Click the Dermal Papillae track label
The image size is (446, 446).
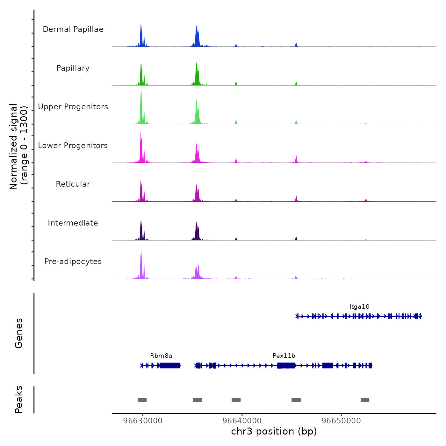pos(73,29)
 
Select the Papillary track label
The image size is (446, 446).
pos(73,68)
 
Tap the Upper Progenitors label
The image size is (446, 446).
pos(73,107)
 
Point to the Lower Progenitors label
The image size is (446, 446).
pos(73,146)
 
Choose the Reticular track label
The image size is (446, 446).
pos(73,184)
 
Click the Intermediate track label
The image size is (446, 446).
pos(73,223)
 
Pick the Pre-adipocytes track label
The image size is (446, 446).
pos(73,262)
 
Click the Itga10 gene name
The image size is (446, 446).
pos(359,307)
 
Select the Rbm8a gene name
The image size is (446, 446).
pos(161,356)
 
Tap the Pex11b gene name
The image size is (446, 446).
pos(284,356)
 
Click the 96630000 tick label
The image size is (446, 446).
pos(143,421)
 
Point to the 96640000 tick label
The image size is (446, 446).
pos(242,421)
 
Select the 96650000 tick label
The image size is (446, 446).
pos(341,421)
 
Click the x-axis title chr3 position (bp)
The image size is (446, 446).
pos(274,431)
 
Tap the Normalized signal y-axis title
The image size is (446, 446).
pos(18,146)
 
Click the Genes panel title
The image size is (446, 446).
pos(19,333)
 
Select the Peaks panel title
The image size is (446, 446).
pos(19,399)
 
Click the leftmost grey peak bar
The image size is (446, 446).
pos(142,400)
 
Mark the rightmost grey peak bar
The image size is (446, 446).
pos(365,400)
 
